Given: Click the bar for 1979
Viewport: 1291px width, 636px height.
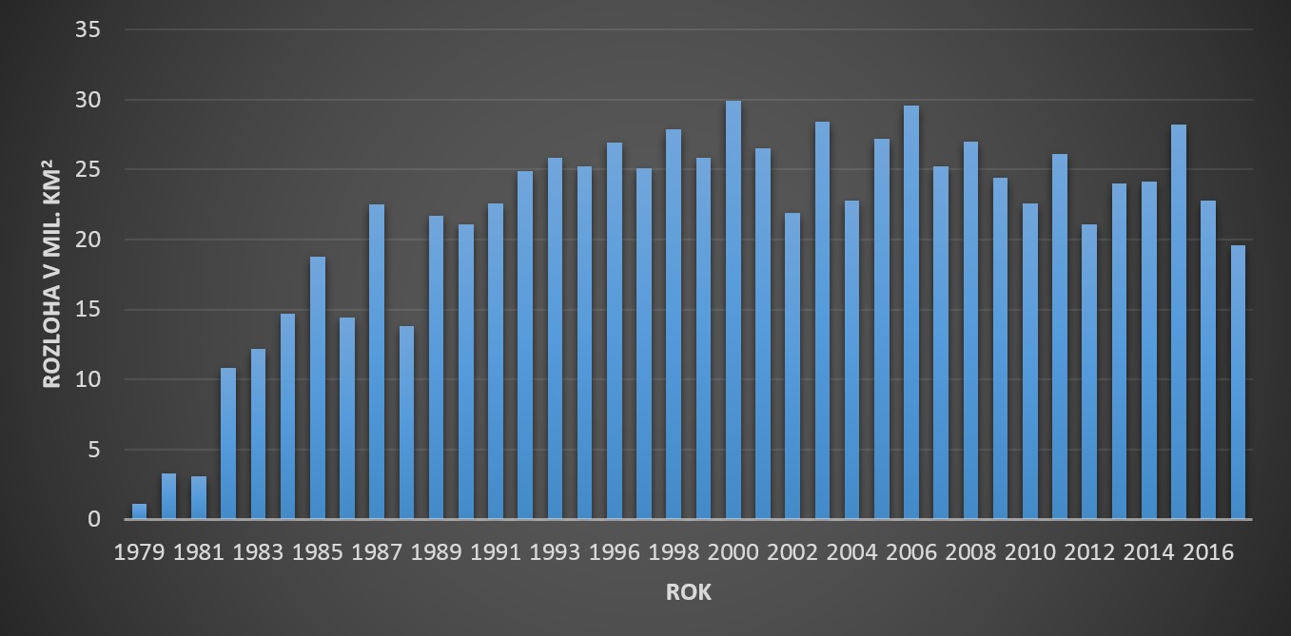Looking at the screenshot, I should pos(139,511).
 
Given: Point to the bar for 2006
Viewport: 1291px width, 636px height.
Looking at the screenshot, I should pos(911,313).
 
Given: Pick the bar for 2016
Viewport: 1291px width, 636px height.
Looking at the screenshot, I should pos(1208,360).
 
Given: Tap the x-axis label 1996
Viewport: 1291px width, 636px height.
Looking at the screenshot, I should pos(614,553).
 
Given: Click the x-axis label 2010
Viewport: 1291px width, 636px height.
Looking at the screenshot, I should pos(1030,553).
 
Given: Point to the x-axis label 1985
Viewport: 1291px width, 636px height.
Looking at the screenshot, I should pos(317,553).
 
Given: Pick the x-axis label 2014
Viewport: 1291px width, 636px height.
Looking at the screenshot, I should pos(1149,553).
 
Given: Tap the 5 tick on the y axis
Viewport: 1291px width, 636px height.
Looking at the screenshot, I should pos(94,450).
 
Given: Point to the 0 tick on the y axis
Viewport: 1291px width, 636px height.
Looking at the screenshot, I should pos(94,519).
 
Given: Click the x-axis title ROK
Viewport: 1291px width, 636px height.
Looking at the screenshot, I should pos(688,592).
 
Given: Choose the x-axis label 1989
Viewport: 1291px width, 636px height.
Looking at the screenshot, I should pos(436,553).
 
